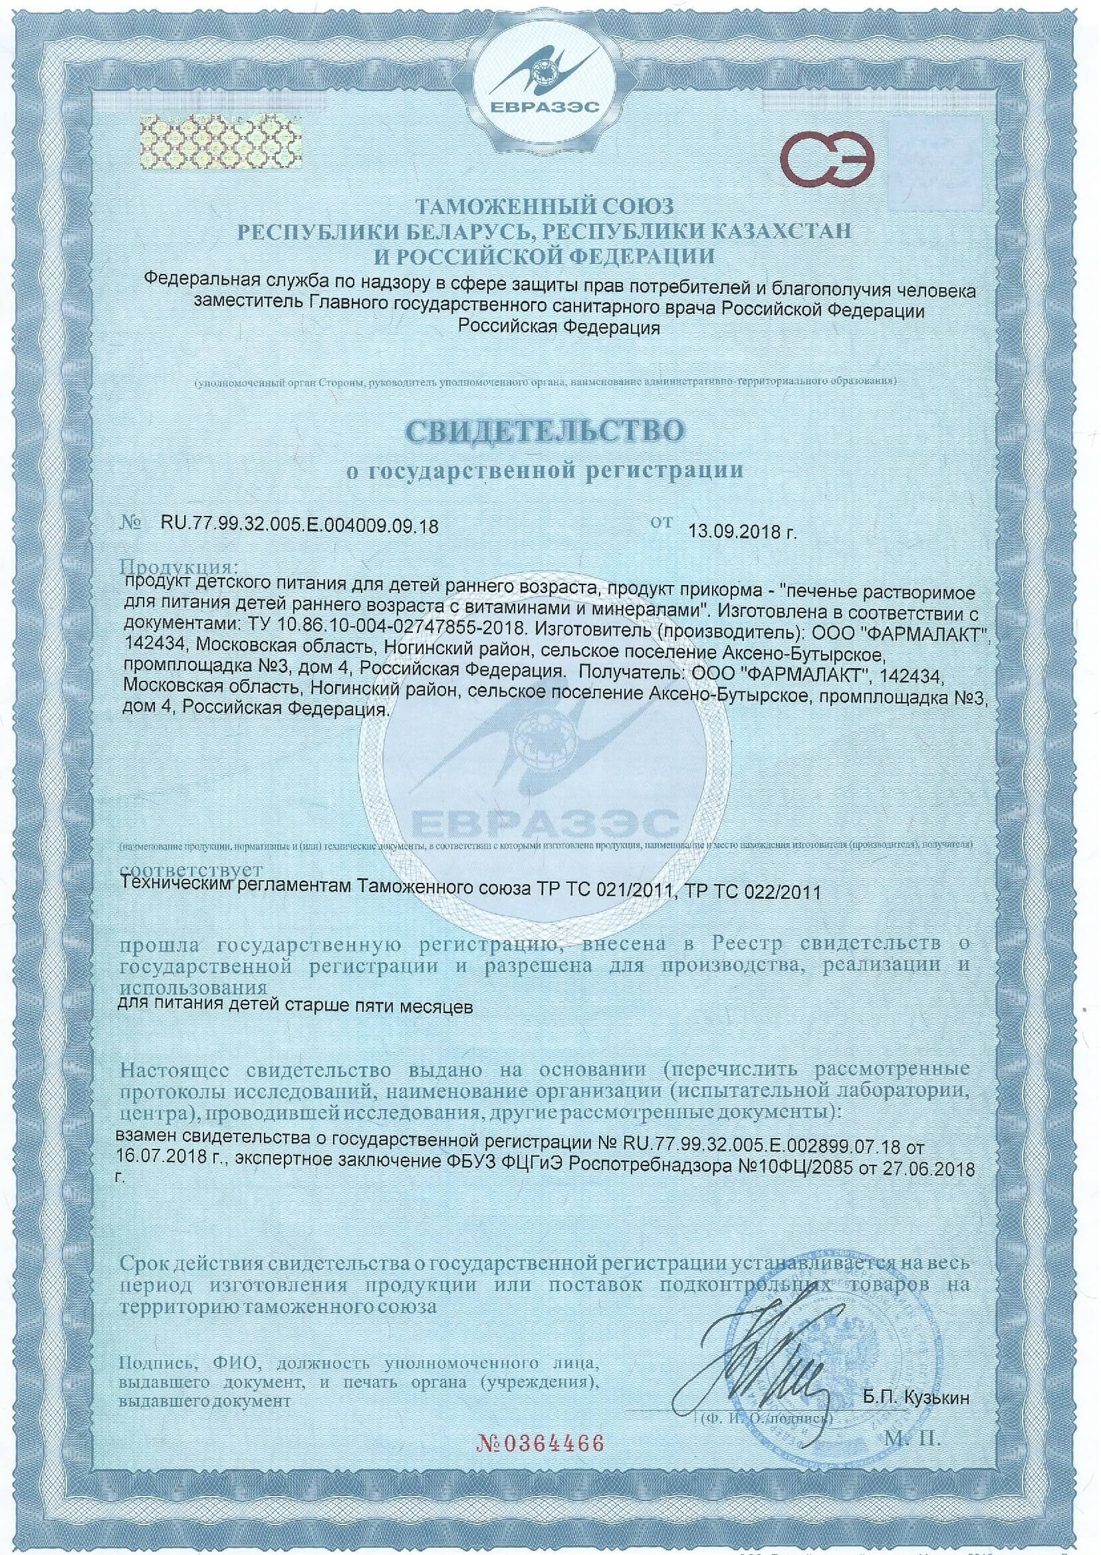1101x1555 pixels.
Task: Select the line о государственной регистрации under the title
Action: [x=545, y=470]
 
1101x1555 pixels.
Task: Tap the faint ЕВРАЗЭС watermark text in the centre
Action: [x=545, y=824]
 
